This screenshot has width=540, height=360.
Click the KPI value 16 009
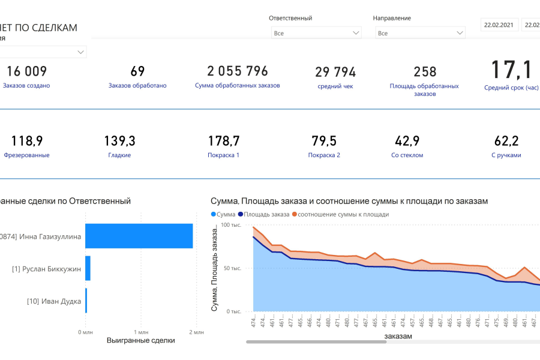point(26,71)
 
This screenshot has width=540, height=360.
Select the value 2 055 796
point(238,71)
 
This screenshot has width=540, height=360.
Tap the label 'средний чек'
point(335,86)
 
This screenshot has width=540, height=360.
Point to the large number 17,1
point(511,70)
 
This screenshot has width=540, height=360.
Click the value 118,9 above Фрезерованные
point(26,141)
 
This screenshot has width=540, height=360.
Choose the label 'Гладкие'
point(119,155)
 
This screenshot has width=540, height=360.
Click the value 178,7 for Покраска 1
point(223,141)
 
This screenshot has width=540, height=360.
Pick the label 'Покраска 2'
point(324,155)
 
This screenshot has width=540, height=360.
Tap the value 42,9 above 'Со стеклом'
point(407,141)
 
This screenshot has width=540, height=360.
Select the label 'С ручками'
point(506,155)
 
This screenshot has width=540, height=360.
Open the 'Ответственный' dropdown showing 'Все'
point(316,33)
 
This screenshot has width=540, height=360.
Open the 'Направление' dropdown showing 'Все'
point(419,33)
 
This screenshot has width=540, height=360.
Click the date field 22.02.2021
point(498,25)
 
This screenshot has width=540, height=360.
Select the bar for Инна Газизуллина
point(139,236)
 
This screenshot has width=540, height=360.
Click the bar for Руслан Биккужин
point(88,268)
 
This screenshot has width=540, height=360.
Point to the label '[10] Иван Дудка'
point(54,301)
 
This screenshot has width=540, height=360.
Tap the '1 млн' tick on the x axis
point(140,332)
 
